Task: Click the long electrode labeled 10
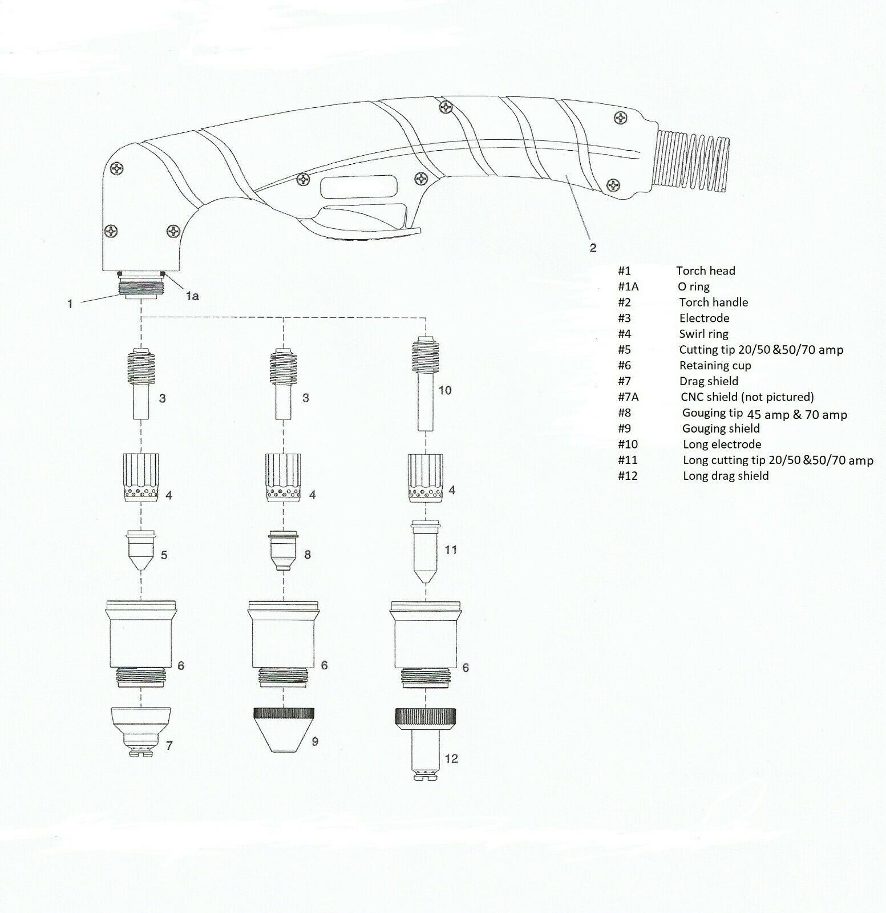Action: click(x=426, y=383)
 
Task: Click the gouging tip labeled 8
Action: click(x=284, y=551)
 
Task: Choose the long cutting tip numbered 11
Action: click(x=426, y=551)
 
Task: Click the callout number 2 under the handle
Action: click(x=593, y=248)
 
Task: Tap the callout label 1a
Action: click(x=191, y=296)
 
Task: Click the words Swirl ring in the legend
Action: click(x=703, y=334)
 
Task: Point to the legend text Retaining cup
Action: click(x=715, y=365)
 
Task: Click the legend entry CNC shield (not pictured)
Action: click(x=747, y=397)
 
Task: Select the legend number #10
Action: click(x=628, y=444)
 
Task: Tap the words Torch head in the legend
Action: click(x=706, y=270)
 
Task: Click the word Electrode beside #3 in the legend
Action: click(x=704, y=318)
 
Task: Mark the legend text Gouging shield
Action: click(x=721, y=429)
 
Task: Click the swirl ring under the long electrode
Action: click(x=426, y=477)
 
